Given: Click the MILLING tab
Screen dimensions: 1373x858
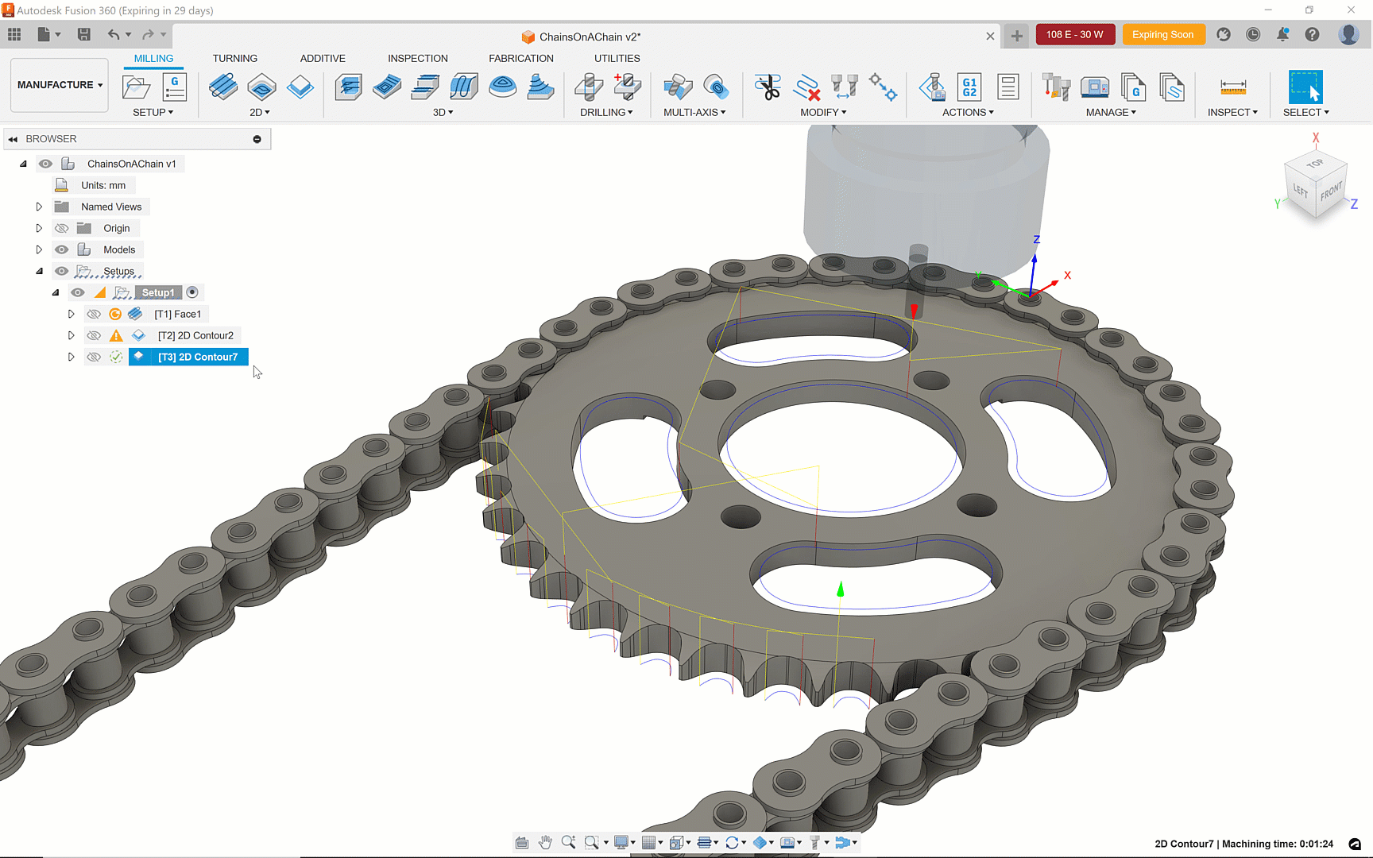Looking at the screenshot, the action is pos(153,58).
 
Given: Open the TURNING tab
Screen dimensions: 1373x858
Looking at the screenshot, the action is pos(235,58).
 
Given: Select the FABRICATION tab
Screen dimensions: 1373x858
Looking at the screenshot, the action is pos(521,58).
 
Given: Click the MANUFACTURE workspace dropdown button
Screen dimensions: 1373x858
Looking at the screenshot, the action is pos(60,85).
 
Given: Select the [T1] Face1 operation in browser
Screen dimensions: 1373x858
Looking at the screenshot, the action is pos(177,314).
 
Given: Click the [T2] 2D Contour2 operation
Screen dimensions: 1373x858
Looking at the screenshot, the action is pos(195,335).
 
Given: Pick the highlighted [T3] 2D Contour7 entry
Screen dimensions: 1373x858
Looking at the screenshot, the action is pos(197,357).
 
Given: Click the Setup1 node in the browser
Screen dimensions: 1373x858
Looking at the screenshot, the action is pos(158,292).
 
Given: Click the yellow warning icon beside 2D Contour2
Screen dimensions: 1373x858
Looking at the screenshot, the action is pos(116,335).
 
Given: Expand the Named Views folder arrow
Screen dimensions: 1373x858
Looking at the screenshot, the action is pos(39,207).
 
